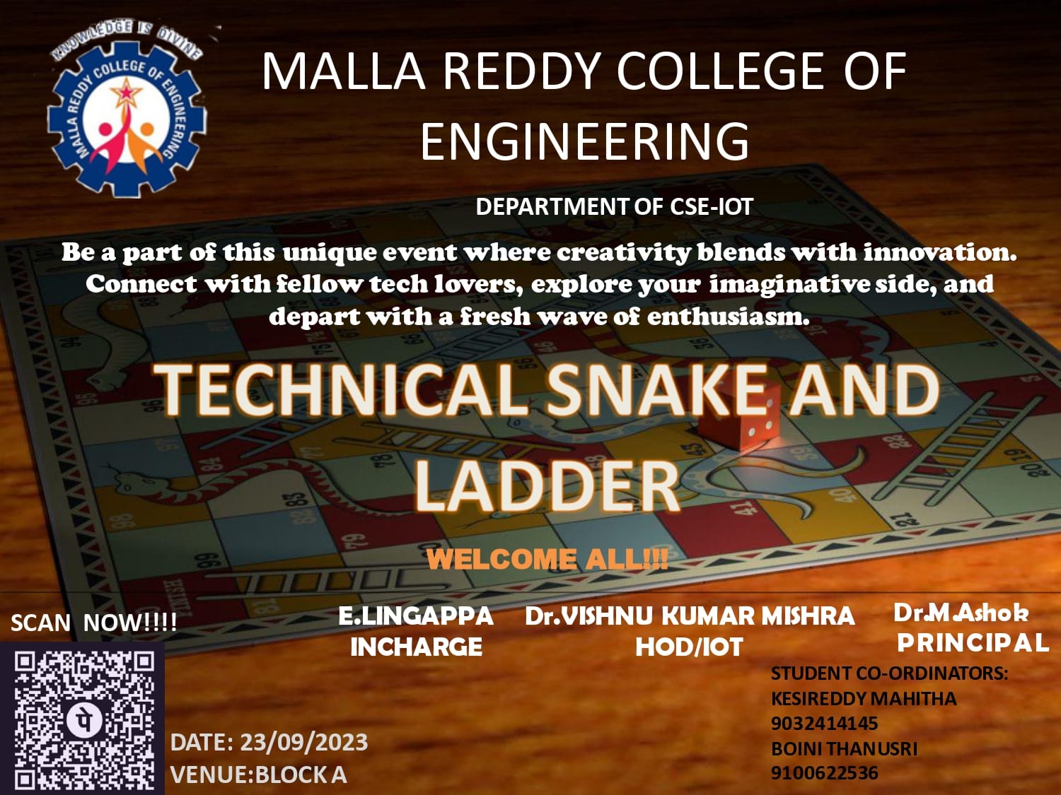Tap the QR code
tap(84, 719)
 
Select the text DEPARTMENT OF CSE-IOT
tap(614, 207)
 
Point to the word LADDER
tap(547, 485)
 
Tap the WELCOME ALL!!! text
tap(547, 560)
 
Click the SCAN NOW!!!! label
tap(94, 623)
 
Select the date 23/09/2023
tap(304, 743)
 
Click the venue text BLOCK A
tap(301, 775)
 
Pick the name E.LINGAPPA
tap(416, 616)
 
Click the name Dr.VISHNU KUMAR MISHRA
tap(690, 616)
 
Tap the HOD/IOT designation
tap(689, 647)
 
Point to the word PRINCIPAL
tap(973, 642)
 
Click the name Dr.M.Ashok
tap(961, 613)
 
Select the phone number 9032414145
tap(824, 723)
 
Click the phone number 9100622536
tap(824, 773)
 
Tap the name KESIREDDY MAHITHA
tap(864, 698)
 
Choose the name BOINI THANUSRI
tap(844, 748)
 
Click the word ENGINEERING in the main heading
tap(584, 141)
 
